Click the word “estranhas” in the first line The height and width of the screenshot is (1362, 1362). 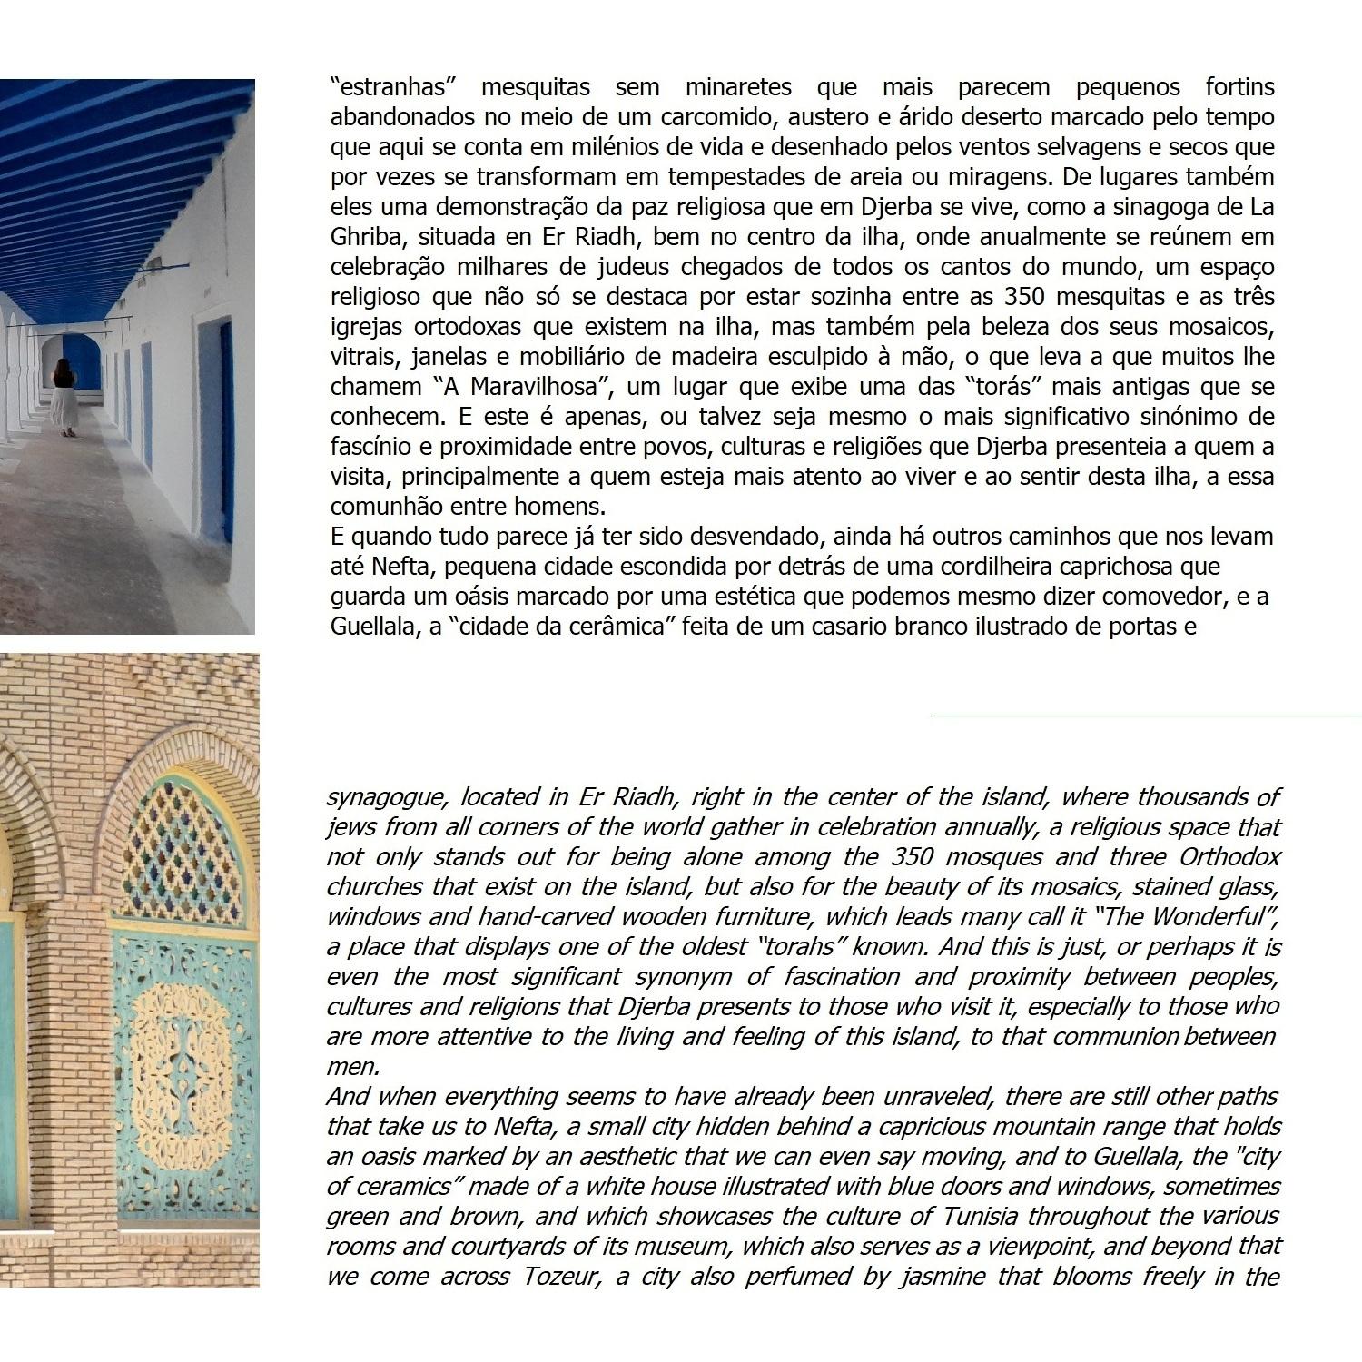(x=391, y=87)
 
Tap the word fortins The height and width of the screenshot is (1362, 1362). (x=1239, y=87)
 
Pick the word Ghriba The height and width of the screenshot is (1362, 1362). (x=360, y=237)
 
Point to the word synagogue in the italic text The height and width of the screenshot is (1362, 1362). (x=386, y=797)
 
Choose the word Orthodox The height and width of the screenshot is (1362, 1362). (x=1229, y=857)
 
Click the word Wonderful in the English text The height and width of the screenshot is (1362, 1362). (x=1212, y=917)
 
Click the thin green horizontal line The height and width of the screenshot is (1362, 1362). (x=1144, y=716)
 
